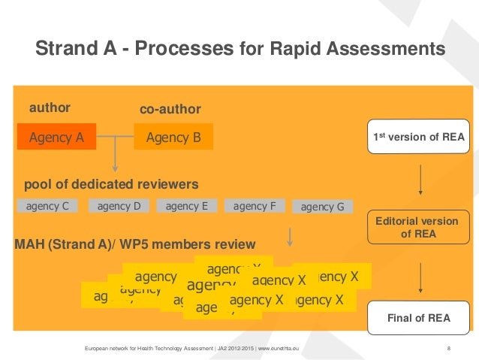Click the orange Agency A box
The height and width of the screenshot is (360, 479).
56,137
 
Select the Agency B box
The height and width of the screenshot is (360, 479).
173,137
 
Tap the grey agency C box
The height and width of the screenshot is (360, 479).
48,205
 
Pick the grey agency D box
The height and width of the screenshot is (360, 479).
119,205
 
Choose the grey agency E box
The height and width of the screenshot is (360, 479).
186,205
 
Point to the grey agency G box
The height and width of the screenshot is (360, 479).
322,207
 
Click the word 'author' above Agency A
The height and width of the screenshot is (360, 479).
50,108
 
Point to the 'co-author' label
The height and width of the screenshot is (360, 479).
170,110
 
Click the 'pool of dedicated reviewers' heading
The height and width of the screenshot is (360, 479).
111,184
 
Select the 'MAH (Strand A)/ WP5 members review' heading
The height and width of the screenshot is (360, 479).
135,244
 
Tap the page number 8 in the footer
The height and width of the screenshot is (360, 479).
448,349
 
